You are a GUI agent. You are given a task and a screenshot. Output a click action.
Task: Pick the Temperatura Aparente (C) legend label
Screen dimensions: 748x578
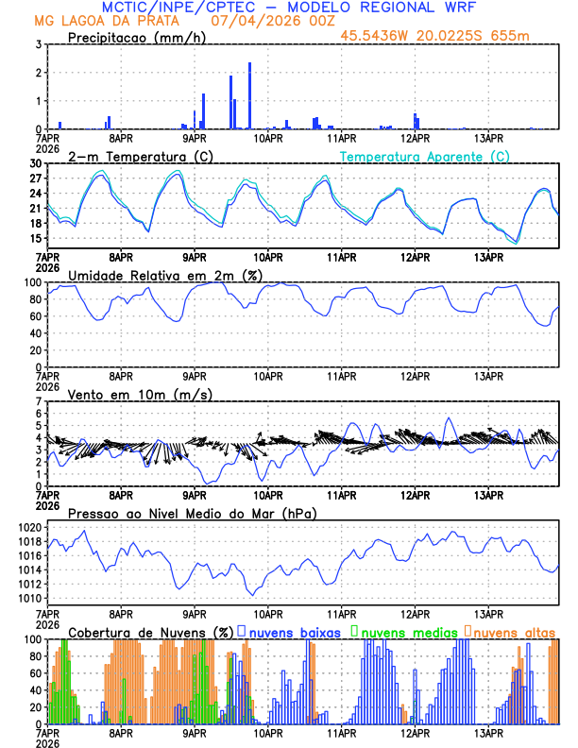pyautogui.click(x=425, y=156)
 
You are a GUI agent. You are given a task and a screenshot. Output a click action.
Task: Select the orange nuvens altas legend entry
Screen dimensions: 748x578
pyautogui.click(x=514, y=631)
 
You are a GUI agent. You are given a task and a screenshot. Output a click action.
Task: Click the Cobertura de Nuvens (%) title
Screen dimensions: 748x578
pyautogui.click(x=151, y=631)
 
